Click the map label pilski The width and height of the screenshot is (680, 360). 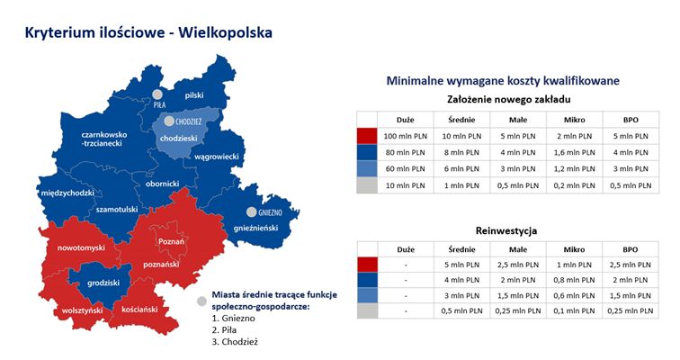pyautogui.click(x=194, y=95)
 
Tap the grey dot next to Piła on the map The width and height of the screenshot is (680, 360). pyautogui.click(x=157, y=94)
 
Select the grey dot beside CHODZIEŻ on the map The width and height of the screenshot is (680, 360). pyautogui.click(x=169, y=121)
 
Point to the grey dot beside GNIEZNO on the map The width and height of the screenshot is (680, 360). pyautogui.click(x=252, y=212)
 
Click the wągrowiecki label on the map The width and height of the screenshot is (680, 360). pyautogui.click(x=217, y=157)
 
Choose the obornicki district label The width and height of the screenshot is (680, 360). pyautogui.click(x=162, y=184)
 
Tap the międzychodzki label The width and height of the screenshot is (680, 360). pyautogui.click(x=67, y=193)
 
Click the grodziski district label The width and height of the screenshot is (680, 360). pyautogui.click(x=103, y=283)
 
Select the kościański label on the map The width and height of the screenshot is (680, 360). pyautogui.click(x=139, y=310)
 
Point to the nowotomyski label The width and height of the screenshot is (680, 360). pyautogui.click(x=82, y=248)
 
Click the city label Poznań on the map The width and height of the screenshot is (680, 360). pyautogui.click(x=171, y=241)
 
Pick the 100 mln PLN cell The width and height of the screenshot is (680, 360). pyautogui.click(x=406, y=136)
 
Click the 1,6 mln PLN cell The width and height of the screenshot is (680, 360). pyautogui.click(x=575, y=153)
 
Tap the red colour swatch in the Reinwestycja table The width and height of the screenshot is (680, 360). pyautogui.click(x=367, y=265)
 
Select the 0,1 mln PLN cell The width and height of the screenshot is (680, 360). pyautogui.click(x=574, y=311)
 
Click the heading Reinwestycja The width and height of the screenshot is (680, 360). pyautogui.click(x=506, y=230)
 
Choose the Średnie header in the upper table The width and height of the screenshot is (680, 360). pyautogui.click(x=461, y=120)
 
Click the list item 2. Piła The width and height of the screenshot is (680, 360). pyautogui.click(x=224, y=330)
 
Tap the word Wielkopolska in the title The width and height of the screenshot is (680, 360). pyautogui.click(x=226, y=33)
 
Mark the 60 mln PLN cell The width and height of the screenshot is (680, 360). pyautogui.click(x=406, y=169)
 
